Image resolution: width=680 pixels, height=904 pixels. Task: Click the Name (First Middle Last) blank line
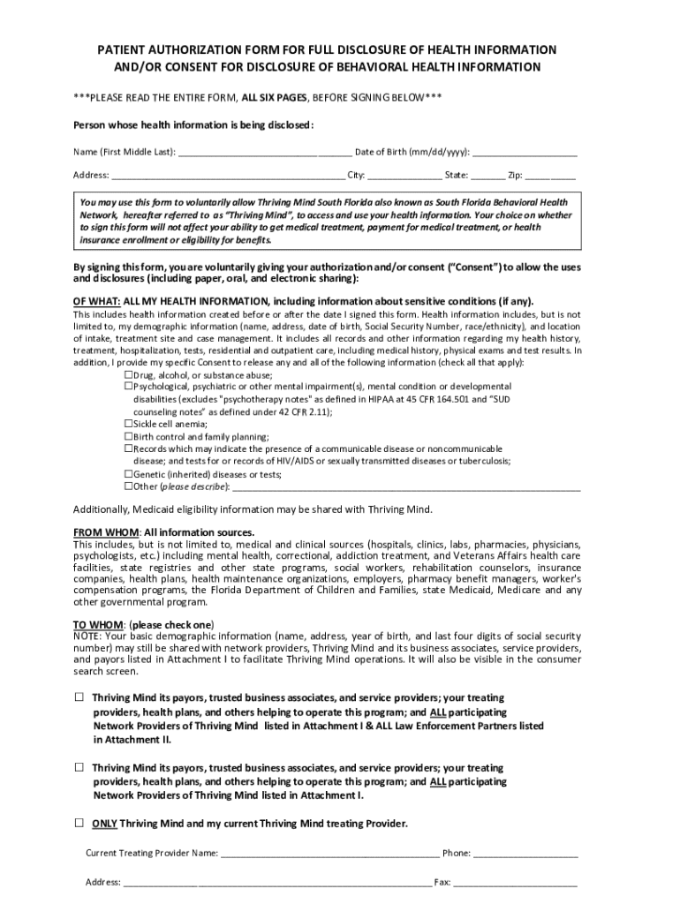(x=265, y=153)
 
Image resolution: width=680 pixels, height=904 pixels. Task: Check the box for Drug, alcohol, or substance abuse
(x=129, y=374)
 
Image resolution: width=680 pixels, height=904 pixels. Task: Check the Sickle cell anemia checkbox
(x=129, y=424)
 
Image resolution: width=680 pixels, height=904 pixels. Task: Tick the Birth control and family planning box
(x=129, y=436)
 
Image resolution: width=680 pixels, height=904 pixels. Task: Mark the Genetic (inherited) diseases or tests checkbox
(x=129, y=473)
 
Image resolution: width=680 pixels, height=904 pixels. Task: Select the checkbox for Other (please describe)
(x=129, y=486)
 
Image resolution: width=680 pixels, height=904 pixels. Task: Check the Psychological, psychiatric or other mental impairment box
(x=129, y=387)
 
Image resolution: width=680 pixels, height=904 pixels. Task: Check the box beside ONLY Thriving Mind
(x=79, y=823)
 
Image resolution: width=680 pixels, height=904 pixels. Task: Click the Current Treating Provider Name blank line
(x=329, y=855)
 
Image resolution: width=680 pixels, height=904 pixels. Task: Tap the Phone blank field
(x=525, y=855)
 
